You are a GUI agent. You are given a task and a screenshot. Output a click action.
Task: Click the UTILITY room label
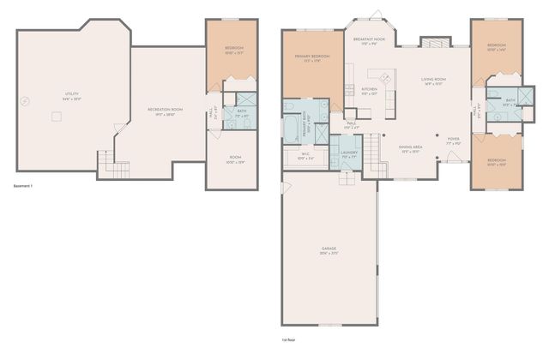(70, 95)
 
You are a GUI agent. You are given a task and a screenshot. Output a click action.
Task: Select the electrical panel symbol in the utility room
(26, 101)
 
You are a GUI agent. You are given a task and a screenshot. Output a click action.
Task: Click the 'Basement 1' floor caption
(26, 185)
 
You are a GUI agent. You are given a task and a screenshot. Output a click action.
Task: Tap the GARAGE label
(329, 250)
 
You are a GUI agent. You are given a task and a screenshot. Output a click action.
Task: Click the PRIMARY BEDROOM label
(314, 57)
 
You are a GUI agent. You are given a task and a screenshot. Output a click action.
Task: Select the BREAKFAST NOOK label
(369, 39)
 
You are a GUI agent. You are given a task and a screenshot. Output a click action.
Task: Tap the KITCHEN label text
(369, 90)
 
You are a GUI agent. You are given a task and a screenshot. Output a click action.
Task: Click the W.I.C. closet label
(305, 156)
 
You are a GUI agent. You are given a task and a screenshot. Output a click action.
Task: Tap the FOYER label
(453, 141)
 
